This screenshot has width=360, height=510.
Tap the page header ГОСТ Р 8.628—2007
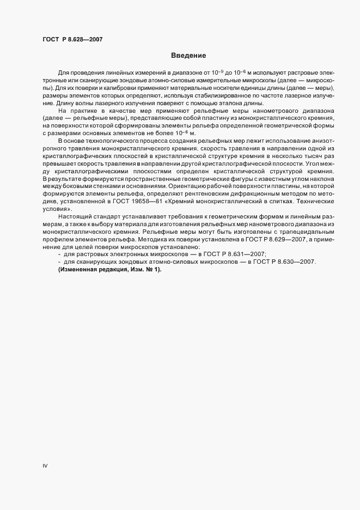click(72, 39)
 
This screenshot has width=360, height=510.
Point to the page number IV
click(46, 466)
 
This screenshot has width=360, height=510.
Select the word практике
click(77, 111)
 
